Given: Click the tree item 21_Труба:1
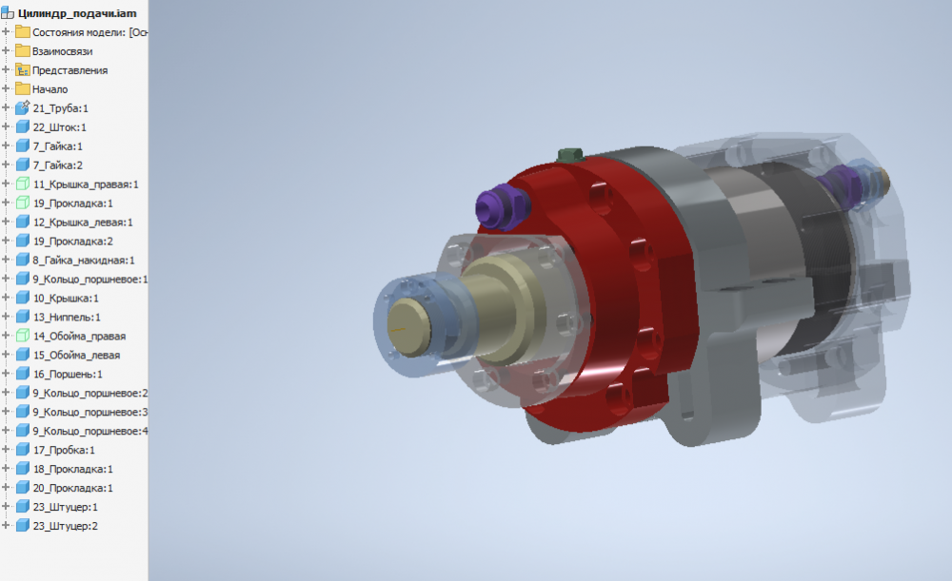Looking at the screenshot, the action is pyautogui.click(x=60, y=108).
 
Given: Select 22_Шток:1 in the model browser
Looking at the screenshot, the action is pyautogui.click(x=59, y=127).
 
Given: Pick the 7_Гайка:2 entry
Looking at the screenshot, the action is pyautogui.click(x=58, y=165).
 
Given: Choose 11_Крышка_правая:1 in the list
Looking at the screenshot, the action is pyautogui.click(x=86, y=184).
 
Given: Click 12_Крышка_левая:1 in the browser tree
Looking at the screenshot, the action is pyautogui.click(x=83, y=222).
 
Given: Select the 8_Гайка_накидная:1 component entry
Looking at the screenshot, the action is pyautogui.click(x=84, y=261).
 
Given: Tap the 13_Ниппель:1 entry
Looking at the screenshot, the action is pyautogui.click(x=67, y=318).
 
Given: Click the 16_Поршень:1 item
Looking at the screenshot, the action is pyautogui.click(x=68, y=375).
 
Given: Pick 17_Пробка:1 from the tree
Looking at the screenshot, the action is pyautogui.click(x=64, y=450).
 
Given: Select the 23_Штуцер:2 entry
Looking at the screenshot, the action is pyautogui.click(x=65, y=526).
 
